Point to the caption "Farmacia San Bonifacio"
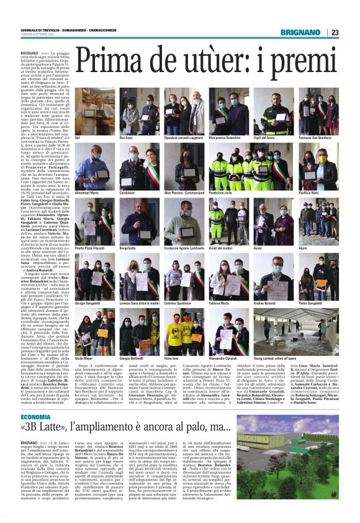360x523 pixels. click(x=315, y=137)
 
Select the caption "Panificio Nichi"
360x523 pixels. click(x=309, y=193)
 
